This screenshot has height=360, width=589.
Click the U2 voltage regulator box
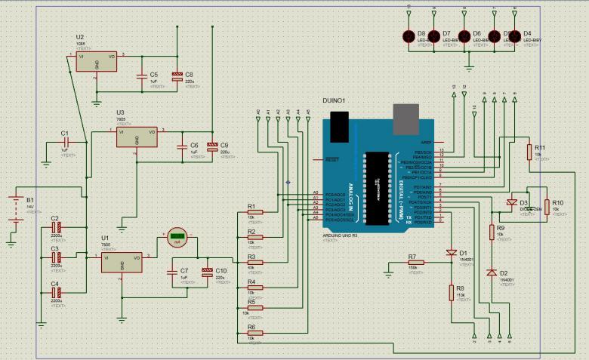[x=97, y=62]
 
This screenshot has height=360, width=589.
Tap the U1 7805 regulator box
[x=121, y=261]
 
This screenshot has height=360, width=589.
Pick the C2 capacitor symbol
[x=55, y=226]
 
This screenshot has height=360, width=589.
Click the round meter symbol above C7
[x=177, y=237]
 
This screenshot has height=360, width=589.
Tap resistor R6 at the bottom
[x=255, y=332]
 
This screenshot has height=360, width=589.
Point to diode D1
[x=452, y=252]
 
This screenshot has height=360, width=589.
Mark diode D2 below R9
[x=493, y=272]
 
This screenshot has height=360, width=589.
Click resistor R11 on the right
[x=529, y=152]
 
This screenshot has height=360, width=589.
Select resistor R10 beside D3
[x=547, y=208]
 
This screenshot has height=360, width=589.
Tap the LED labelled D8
[x=409, y=35]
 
